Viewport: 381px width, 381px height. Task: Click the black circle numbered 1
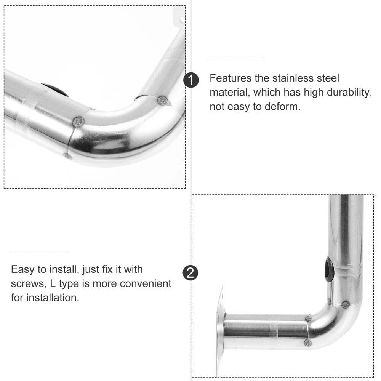point(191,80)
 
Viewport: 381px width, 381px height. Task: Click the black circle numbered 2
point(191,273)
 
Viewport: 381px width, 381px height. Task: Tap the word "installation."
point(53,298)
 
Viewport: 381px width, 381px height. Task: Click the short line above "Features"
point(237,58)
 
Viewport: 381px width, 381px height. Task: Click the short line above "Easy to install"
point(40,251)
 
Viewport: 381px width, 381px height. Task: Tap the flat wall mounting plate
point(220,331)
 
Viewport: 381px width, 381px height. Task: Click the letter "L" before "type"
point(53,283)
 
